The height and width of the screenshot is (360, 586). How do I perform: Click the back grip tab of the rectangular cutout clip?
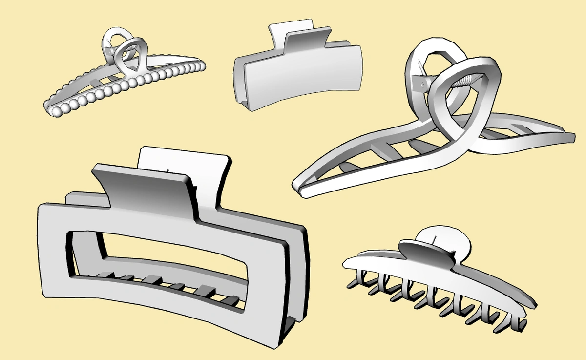coord(186,159)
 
